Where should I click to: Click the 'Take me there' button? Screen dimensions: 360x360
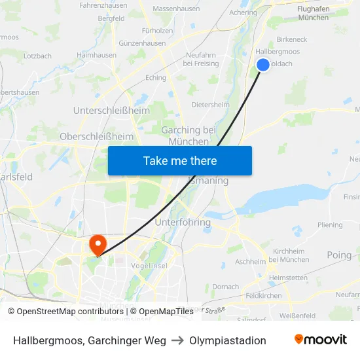point(180,160)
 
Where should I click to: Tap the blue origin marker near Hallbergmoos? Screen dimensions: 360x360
point(262,64)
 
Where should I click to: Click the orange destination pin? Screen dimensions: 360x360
point(98,245)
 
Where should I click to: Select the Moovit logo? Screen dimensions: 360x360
point(320,340)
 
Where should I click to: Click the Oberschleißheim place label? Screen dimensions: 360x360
point(96,136)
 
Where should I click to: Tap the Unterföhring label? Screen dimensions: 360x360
point(183,222)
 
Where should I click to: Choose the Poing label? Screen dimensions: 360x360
point(339,255)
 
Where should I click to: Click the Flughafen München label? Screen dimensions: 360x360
point(313,13)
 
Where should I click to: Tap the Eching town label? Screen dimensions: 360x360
point(156,77)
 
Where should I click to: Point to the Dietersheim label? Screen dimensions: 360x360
point(210,104)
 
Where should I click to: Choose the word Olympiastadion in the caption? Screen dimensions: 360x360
point(227,340)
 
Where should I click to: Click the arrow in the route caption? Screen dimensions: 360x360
point(177,340)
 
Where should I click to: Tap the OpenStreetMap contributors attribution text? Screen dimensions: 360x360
point(65,311)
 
